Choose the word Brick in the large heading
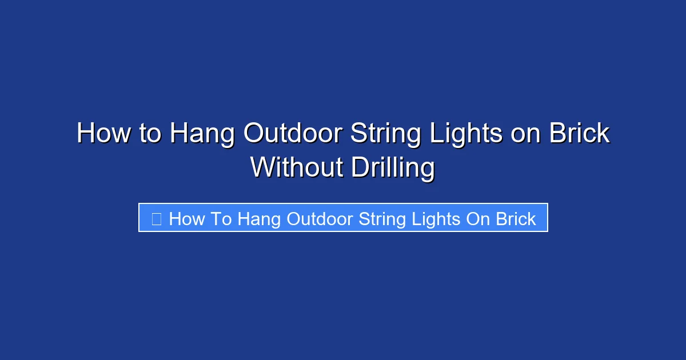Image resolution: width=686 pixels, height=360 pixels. [579, 134]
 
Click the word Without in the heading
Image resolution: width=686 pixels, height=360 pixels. [296, 167]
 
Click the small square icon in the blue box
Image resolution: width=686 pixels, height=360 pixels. [156, 218]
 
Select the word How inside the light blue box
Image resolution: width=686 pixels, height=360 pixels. [186, 218]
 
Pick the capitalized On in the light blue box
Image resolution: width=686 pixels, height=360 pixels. [477, 218]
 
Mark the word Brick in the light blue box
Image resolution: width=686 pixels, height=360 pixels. [516, 218]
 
